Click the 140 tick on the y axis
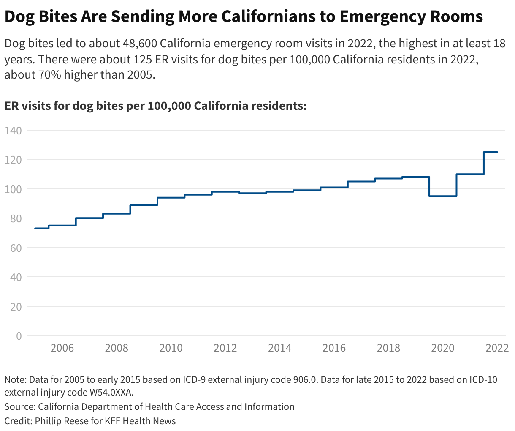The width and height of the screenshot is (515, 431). point(13,131)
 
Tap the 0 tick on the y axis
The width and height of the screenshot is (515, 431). point(19,336)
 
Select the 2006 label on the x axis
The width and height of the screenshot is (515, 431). point(62,348)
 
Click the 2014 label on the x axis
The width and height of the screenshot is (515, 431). point(280,348)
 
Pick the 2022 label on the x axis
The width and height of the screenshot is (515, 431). point(497,348)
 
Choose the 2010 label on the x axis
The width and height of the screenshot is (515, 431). point(171,348)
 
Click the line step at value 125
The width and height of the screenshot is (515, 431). point(491,152)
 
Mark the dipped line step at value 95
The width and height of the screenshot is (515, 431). point(443,196)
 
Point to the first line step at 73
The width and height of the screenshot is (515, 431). point(41,228)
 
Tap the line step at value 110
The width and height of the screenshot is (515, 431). point(470,174)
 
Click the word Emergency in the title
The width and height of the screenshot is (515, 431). point(379,16)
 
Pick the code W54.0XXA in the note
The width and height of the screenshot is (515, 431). point(111,392)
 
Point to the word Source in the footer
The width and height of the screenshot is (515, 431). point(19,407)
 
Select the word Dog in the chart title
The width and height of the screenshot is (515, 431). point(20,16)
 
